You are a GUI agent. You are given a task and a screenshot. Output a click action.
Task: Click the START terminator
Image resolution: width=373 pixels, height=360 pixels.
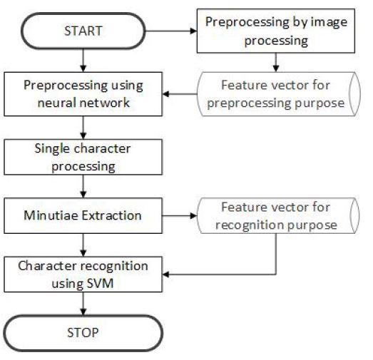point(83,31)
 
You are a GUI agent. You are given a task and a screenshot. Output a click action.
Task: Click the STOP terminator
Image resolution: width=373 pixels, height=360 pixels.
point(83,333)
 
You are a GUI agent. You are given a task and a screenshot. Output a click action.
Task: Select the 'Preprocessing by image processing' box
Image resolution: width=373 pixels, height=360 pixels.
point(276,31)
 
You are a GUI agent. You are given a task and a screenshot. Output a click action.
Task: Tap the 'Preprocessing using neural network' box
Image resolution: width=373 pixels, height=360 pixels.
point(83,94)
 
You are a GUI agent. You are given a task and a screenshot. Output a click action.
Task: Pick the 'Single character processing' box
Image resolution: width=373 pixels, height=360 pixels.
point(83,157)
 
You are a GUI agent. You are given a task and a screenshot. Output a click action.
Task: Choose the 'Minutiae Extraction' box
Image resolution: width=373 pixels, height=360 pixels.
point(83,216)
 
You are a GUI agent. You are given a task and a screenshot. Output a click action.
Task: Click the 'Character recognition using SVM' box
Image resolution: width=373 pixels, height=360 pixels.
point(83,274)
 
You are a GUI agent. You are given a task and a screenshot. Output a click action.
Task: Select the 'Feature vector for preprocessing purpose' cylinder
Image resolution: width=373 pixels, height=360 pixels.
point(279,94)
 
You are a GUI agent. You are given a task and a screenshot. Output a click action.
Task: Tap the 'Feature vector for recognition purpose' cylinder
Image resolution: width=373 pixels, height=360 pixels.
point(278,216)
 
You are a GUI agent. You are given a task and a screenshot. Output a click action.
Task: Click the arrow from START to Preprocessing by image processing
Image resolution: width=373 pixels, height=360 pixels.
point(171,31)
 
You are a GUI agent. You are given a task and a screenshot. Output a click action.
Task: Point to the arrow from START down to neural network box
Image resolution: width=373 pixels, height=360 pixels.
point(83,61)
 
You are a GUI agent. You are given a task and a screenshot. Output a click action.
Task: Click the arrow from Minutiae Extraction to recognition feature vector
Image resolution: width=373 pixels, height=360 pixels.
point(180,216)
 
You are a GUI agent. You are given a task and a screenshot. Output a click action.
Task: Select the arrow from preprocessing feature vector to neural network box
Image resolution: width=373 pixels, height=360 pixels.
point(180,94)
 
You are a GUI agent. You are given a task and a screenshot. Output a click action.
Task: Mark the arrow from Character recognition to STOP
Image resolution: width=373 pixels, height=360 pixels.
point(83,304)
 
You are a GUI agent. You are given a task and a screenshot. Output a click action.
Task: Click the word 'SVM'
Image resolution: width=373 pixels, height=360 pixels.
point(101,284)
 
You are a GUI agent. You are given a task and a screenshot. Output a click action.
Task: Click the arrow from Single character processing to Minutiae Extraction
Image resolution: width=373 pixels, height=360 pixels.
point(83,187)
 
